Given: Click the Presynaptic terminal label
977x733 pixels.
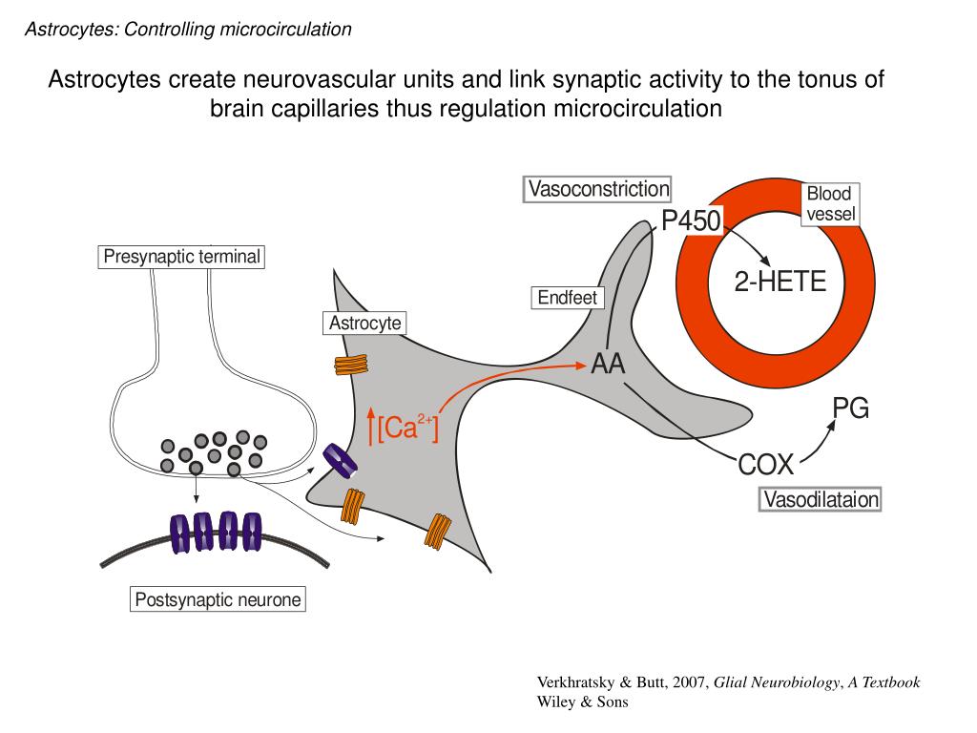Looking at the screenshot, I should pos(181,257).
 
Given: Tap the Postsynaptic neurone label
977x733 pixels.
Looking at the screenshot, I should pos(218,600).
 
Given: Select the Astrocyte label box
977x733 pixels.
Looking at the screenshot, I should pos(364,324).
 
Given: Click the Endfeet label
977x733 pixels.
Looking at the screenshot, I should pos(567,298).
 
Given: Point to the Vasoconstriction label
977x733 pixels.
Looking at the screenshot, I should pos(598,189).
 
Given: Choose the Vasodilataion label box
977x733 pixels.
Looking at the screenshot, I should pos(821,499).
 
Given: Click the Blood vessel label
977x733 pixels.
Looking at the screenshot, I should pos(829,204).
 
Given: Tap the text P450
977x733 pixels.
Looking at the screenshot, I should pos(692,221).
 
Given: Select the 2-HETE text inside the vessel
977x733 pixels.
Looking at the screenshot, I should pos(780,283).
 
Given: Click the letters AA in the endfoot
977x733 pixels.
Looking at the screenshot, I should pos(608,364).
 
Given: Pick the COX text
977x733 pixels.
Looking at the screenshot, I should pos(765,465).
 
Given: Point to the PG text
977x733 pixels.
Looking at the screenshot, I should pos(850,408).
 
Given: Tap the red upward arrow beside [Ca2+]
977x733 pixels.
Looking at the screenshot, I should pos(370,427).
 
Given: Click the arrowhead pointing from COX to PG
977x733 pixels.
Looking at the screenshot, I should pos(830,425).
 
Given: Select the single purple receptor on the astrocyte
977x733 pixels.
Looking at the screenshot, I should pos(341,461).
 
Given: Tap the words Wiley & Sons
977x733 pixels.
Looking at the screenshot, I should pos(582,702).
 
